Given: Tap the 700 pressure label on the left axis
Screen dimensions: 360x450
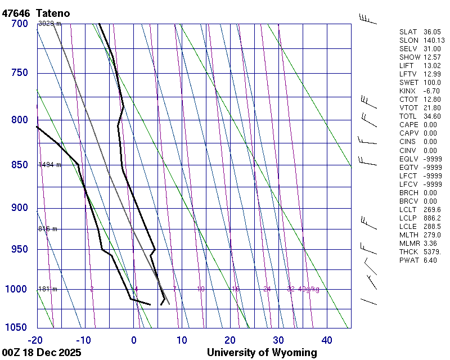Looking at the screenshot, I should [x=19, y=24].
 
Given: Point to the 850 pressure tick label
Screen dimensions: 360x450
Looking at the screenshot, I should [x=19, y=165].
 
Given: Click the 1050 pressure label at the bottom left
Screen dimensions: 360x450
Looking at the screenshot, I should [x=16, y=327].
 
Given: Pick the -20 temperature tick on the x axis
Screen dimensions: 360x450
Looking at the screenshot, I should [x=35, y=340].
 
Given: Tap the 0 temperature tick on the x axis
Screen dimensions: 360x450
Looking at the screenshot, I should [x=134, y=340].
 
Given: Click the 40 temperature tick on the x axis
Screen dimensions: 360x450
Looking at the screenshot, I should [x=327, y=340].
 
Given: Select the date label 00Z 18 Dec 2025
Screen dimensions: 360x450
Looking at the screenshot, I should [x=42, y=353].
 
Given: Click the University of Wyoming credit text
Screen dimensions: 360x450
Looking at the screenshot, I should [x=262, y=353].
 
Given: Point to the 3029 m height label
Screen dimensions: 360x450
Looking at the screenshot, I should [x=49, y=24].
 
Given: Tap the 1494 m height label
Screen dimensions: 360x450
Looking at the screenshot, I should [x=49, y=165].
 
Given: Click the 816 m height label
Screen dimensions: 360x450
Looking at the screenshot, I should [x=48, y=229].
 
